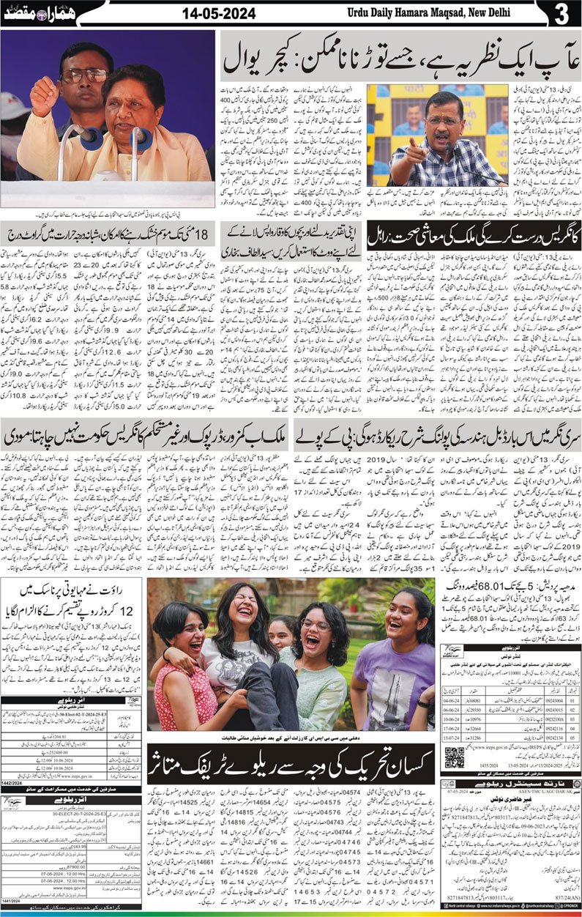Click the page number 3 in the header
(x=562, y=13)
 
